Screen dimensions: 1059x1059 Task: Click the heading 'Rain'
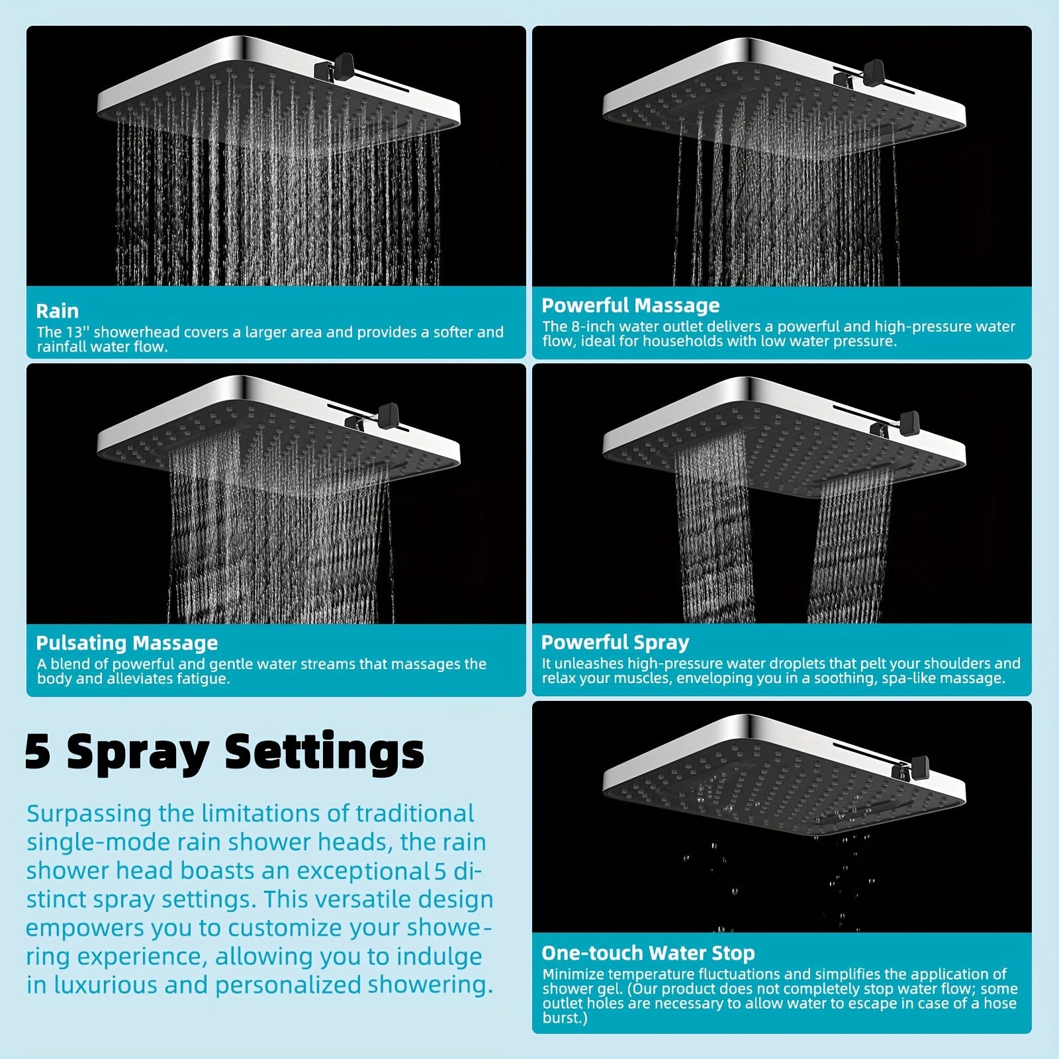pyautogui.click(x=57, y=311)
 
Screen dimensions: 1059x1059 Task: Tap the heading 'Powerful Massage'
pyautogui.click(x=630, y=305)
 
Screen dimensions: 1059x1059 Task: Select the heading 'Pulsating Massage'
pyautogui.click(x=126, y=643)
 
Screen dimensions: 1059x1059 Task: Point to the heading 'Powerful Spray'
pyautogui.click(x=615, y=642)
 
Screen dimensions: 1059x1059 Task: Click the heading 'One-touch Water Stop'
pyautogui.click(x=648, y=953)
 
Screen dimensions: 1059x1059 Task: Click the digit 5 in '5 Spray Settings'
pyautogui.click(x=38, y=752)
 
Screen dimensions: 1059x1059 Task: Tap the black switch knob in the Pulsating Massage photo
pyautogui.click(x=389, y=414)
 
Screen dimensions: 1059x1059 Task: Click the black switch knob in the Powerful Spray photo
pyautogui.click(x=909, y=421)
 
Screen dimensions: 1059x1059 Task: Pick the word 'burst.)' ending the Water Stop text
pyautogui.click(x=565, y=1018)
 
